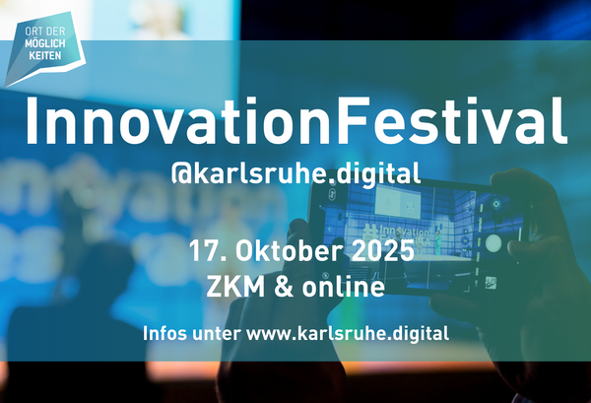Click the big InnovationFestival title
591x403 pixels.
(x=295, y=120)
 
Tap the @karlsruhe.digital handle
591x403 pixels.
(x=295, y=174)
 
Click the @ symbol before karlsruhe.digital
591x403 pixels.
(x=181, y=174)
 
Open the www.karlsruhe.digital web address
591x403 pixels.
(x=346, y=332)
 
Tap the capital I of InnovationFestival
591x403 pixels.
(x=31, y=120)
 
